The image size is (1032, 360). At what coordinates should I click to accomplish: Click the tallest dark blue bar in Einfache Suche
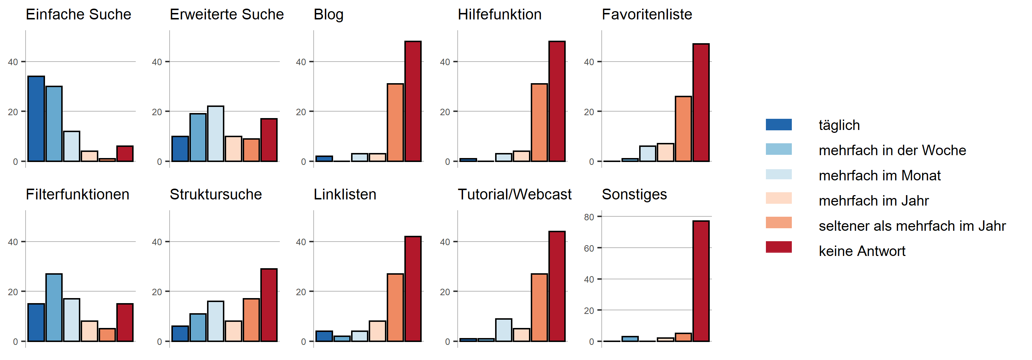(x=36, y=119)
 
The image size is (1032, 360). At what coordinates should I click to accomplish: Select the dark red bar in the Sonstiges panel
(x=701, y=281)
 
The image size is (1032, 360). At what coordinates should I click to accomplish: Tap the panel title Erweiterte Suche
(x=227, y=14)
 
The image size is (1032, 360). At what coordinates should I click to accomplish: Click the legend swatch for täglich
(x=779, y=125)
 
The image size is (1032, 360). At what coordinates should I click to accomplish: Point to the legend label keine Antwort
(x=862, y=251)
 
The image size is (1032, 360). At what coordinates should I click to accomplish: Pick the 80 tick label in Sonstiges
(x=589, y=217)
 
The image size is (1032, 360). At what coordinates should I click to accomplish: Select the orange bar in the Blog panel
(x=395, y=122)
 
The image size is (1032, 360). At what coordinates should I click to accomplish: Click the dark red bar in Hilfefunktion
(x=557, y=101)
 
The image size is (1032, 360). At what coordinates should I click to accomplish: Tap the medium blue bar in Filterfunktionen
(x=54, y=307)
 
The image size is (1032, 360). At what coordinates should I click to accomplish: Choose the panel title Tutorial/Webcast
(x=515, y=195)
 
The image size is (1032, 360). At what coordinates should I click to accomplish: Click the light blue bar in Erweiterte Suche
(x=216, y=134)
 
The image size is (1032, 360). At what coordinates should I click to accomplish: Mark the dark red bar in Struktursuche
(x=269, y=305)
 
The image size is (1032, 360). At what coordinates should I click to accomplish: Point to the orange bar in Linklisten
(x=395, y=307)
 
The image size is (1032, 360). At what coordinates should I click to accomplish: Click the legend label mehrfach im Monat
(x=879, y=175)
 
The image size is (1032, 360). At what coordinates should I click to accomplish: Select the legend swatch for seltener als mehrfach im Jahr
(x=779, y=222)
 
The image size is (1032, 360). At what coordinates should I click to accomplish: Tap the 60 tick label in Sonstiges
(x=589, y=248)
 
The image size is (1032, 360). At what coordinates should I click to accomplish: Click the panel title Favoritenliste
(x=647, y=14)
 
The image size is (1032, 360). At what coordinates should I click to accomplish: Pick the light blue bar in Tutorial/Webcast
(x=504, y=330)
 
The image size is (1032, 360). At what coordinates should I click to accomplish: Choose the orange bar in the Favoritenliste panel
(x=683, y=129)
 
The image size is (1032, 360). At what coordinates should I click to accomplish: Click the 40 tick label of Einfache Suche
(x=13, y=62)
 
